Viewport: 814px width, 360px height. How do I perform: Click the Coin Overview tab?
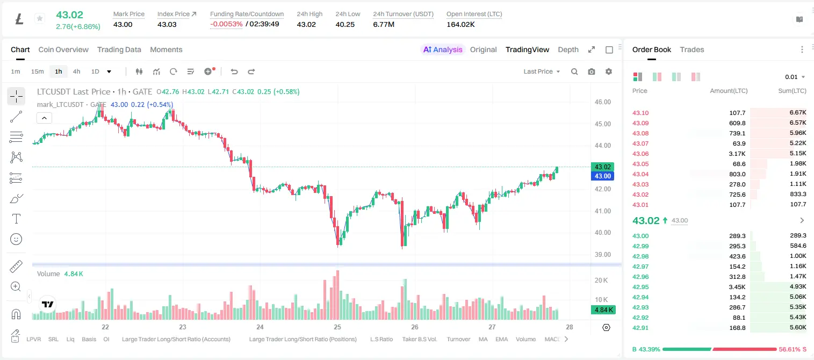tap(63, 49)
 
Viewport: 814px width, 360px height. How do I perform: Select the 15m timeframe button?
tap(37, 71)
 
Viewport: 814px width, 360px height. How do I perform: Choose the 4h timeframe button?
tap(76, 71)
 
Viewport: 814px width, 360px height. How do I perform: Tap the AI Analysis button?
tap(443, 49)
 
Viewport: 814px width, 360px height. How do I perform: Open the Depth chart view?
tap(568, 49)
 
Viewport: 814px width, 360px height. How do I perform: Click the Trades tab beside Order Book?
tap(691, 49)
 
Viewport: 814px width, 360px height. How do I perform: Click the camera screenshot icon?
tap(591, 71)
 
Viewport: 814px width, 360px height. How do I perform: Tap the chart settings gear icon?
tap(609, 71)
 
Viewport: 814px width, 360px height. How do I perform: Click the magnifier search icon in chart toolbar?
tap(574, 71)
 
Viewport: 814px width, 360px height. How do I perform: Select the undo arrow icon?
tap(234, 71)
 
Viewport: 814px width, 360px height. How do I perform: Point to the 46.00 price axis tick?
tap(602, 102)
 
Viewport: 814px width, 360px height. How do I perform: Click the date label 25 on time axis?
tap(337, 327)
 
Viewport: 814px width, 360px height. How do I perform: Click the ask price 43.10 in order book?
tap(640, 113)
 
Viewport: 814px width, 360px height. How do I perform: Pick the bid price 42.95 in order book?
tap(640, 287)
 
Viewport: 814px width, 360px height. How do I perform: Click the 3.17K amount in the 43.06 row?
tap(737, 154)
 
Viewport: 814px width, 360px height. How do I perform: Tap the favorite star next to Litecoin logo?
tap(40, 18)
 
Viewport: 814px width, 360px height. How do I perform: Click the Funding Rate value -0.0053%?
tap(226, 24)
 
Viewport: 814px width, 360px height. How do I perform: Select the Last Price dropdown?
tap(542, 71)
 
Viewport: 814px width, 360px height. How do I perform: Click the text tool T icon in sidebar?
tap(16, 219)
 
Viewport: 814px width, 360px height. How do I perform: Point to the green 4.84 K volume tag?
tap(603, 310)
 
